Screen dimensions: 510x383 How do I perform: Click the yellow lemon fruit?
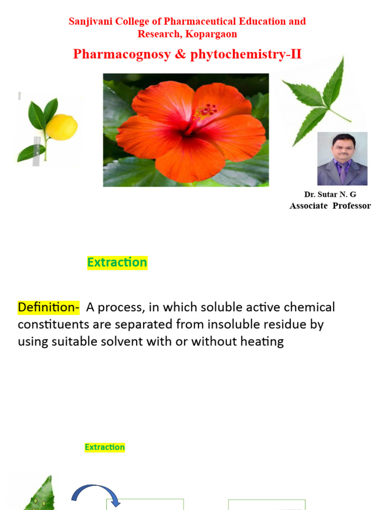click(x=62, y=127)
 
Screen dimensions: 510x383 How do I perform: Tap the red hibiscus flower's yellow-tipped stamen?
click(x=206, y=113)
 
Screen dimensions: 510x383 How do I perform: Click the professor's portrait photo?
click(x=342, y=159)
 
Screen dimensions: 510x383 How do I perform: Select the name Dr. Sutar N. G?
click(x=330, y=195)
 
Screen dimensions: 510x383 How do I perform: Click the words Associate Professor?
click(x=330, y=206)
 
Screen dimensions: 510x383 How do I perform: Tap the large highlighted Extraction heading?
click(x=117, y=262)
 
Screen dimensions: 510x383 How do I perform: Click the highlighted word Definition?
click(x=48, y=307)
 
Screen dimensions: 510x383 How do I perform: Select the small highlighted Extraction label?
click(x=105, y=447)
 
